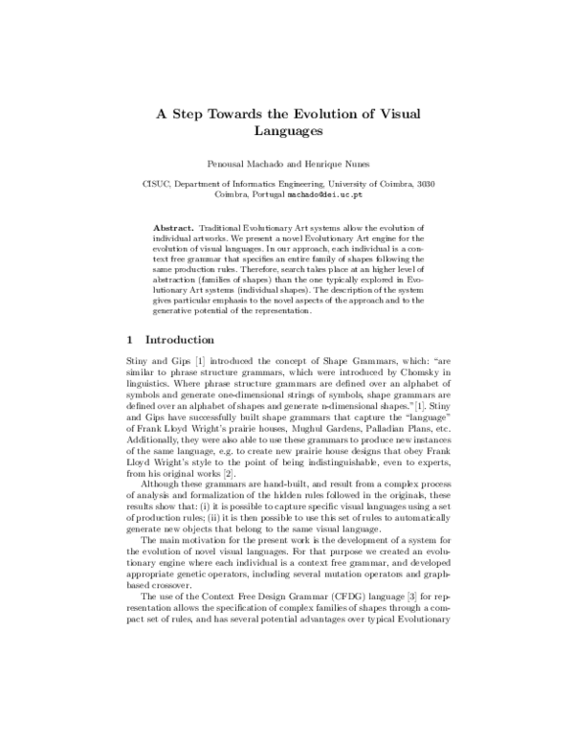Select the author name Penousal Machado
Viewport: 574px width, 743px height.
pos(254,164)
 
